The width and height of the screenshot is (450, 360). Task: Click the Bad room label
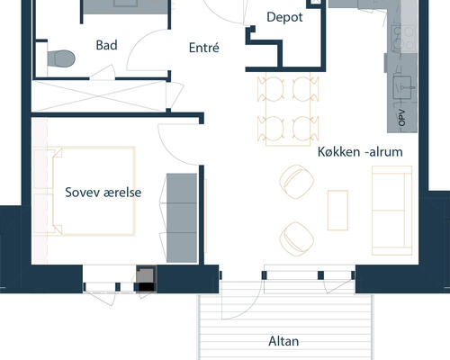click(106, 45)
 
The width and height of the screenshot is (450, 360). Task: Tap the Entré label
click(204, 48)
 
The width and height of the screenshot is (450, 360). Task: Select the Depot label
click(284, 17)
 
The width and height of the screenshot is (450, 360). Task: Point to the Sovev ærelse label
click(103, 193)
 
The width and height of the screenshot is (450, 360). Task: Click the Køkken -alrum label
click(360, 151)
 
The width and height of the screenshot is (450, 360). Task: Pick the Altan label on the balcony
click(283, 341)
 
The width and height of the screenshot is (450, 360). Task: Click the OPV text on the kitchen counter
click(402, 118)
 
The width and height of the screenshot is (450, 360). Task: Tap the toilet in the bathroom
click(61, 58)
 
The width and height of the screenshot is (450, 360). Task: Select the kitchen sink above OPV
click(404, 87)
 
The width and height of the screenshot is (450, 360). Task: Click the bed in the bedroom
click(93, 191)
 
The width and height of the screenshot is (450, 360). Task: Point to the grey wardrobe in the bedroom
click(182, 218)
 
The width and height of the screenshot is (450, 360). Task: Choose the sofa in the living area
click(391, 211)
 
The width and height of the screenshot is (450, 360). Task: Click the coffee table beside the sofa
click(337, 210)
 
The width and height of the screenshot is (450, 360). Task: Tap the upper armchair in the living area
click(297, 181)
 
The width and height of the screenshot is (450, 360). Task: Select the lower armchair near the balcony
click(297, 238)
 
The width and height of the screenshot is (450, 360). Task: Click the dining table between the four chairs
click(288, 109)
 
